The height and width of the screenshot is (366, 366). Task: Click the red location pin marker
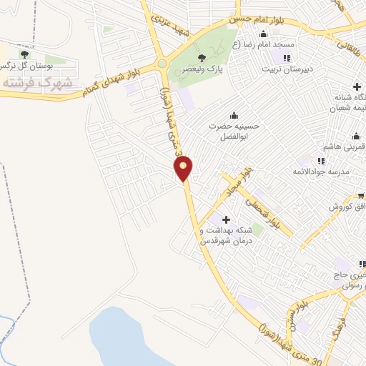coord(184,168)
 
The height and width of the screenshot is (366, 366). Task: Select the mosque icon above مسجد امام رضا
coord(264,34)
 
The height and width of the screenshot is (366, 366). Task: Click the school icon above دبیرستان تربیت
coord(287,58)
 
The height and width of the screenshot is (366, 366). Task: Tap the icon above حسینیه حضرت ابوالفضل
coord(234,116)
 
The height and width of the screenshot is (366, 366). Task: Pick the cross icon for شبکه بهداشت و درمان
coord(227,219)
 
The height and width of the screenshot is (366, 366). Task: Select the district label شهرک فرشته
coord(37,83)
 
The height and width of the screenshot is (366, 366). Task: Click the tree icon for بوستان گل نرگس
coord(25,54)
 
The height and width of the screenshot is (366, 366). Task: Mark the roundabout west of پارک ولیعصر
coord(162,64)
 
